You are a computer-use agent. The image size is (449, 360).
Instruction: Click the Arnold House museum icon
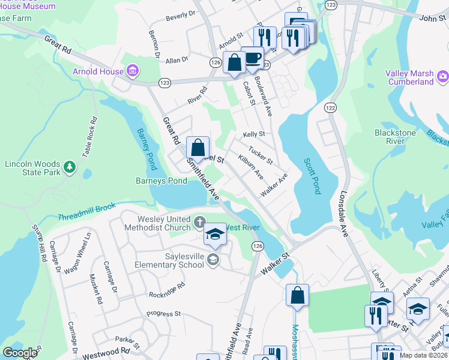(133, 72)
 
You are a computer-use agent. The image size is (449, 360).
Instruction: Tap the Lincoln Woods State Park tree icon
(70, 166)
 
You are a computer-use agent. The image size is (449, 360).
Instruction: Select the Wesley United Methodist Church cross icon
(199, 223)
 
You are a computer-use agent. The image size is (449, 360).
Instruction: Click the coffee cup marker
(252, 58)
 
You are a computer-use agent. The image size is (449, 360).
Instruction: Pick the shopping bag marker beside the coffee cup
(234, 62)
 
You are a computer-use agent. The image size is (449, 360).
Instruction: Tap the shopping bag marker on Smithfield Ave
(197, 148)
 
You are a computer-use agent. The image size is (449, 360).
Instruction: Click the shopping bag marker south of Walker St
(297, 295)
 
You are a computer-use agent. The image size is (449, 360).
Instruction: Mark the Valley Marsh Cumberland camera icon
(443, 76)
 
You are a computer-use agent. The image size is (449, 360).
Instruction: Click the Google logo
(20, 353)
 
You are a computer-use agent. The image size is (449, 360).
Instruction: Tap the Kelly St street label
(254, 134)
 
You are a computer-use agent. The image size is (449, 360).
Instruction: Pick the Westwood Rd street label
(110, 350)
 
